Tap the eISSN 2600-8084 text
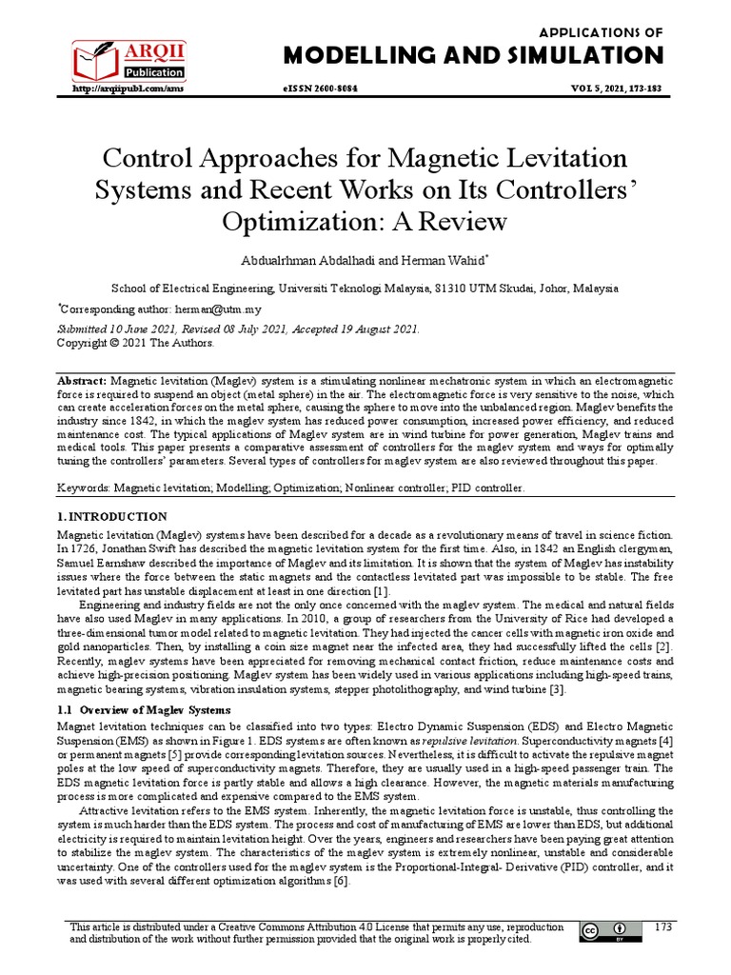(326, 89)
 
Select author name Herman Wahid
(446, 260)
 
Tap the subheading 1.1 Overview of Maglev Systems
(143, 711)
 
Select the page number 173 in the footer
(663, 926)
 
